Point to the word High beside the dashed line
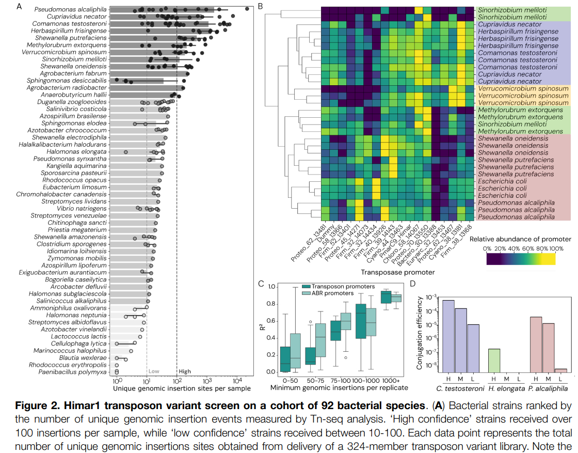pyautogui.click(x=185, y=371)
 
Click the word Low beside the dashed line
pyautogui.click(x=153, y=371)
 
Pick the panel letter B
pyautogui.click(x=260, y=6)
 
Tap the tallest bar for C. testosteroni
pyautogui.click(x=448, y=336)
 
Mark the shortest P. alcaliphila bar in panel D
pyautogui.click(x=560, y=370)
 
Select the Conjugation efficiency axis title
pyautogui.click(x=420, y=331)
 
